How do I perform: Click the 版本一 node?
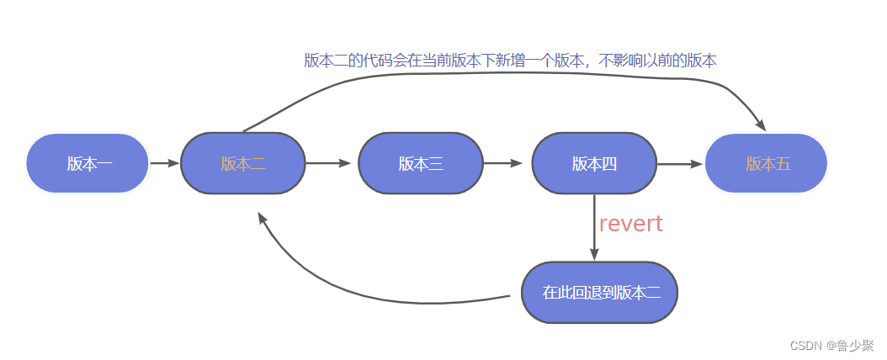point(88,163)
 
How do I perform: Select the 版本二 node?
point(243,163)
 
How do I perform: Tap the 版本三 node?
point(421,163)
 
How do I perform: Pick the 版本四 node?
point(594,163)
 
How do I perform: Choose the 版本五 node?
point(767,163)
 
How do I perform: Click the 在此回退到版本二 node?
point(600,293)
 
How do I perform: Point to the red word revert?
point(630,224)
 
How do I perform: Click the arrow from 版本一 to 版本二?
point(164,163)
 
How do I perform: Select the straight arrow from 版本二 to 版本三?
point(327,163)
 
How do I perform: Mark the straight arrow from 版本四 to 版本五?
point(678,163)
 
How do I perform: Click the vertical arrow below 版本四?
point(594,227)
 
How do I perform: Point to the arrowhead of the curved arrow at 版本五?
point(760,125)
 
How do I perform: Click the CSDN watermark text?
point(805,346)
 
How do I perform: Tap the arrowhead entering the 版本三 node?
point(345,163)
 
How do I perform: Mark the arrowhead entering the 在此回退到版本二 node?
point(594,255)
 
